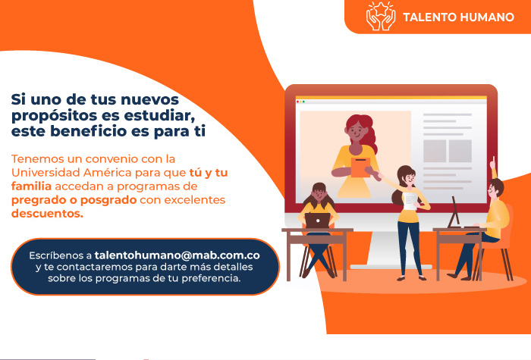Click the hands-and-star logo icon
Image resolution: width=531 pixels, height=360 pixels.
tap(381, 16)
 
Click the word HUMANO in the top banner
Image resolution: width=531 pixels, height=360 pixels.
tap(488, 17)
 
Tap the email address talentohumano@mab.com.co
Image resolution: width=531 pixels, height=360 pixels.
tap(177, 255)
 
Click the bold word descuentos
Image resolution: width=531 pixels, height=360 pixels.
tap(47, 214)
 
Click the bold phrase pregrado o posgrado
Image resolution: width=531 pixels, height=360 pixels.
tap(74, 200)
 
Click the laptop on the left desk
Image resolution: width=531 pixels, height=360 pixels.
tap(317, 221)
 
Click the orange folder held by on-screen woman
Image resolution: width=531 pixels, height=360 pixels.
tap(360, 167)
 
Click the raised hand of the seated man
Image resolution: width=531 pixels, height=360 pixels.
tap(493, 164)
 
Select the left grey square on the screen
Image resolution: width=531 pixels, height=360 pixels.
tap(435, 151)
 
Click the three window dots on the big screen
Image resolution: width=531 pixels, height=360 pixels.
tap(300, 102)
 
